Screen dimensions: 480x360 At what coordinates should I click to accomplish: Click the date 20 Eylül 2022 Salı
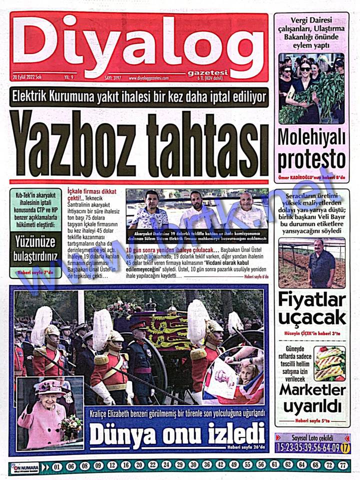point(28,77)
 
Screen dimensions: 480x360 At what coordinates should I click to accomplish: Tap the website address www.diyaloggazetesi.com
point(148,78)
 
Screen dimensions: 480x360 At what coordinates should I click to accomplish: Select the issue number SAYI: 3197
point(113,78)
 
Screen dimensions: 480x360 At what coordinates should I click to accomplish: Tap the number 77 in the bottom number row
point(342,465)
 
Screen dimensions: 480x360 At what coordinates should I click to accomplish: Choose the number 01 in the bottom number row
point(57,466)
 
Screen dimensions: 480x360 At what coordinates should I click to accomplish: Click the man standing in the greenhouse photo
point(321,262)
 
